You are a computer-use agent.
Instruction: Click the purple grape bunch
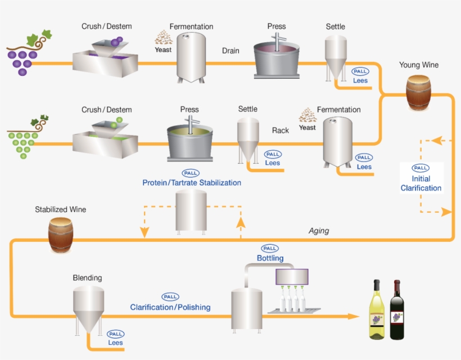coord(21,56)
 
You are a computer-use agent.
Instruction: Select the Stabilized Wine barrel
coord(60,235)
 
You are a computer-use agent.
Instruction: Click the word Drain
coord(231,51)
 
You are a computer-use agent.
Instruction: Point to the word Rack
coord(281,130)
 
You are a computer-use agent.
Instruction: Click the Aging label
coord(319,231)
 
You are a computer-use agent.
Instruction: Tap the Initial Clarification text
coord(421,183)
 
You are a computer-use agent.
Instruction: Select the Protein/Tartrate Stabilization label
coord(192,183)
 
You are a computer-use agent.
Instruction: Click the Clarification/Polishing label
coord(170,307)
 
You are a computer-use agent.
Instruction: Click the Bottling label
coord(270,258)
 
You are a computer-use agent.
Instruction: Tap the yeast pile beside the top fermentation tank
coord(164,38)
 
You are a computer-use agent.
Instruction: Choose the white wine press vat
coord(189,137)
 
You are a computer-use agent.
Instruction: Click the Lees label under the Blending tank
coord(116,343)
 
